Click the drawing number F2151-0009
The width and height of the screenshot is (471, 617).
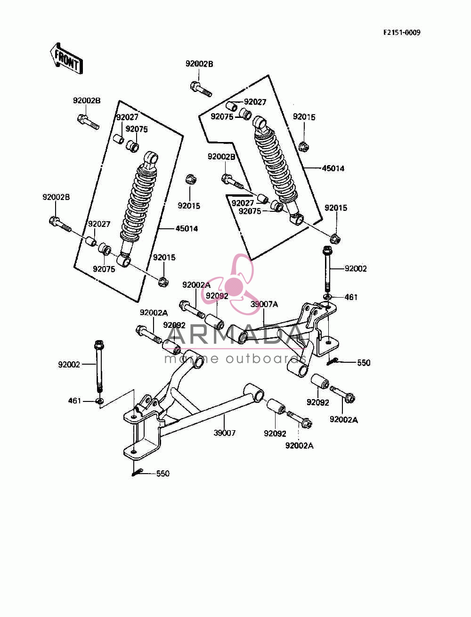pos(402,33)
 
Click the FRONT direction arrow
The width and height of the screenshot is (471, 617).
pos(66,59)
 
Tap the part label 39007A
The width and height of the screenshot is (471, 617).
pos(264,304)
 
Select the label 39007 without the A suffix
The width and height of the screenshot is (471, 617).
pos(224,433)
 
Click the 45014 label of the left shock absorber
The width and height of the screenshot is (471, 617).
pos(187,228)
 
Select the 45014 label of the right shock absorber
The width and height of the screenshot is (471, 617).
pos(333,168)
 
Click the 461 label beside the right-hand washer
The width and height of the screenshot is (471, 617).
pos(351,297)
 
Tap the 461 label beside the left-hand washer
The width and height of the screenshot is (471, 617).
pos(75,401)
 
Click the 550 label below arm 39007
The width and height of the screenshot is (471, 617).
pos(163,474)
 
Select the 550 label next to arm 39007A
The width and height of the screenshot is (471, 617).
pos(364,363)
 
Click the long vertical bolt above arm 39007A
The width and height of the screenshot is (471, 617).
pos(327,269)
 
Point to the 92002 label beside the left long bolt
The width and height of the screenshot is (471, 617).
pos(69,365)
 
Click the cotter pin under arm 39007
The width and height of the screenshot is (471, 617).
pos(137,473)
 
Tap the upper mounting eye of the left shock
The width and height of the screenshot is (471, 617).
pos(152,157)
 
